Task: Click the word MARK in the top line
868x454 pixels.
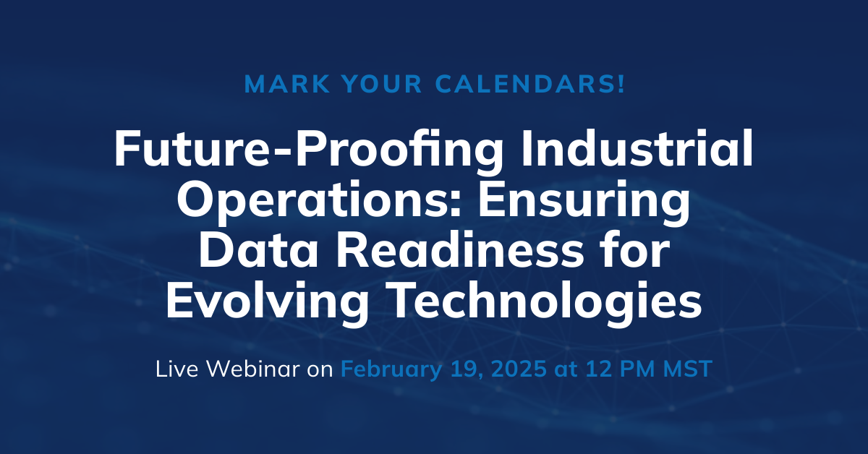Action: click(287, 84)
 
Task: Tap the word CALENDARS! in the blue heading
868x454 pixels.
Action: click(530, 84)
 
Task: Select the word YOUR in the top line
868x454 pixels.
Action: click(382, 84)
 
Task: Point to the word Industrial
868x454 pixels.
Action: click(637, 147)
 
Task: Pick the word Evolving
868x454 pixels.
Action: click(268, 302)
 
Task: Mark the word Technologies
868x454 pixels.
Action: click(546, 302)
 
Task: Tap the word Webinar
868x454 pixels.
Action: click(253, 369)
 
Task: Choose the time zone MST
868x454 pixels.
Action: click(687, 369)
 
